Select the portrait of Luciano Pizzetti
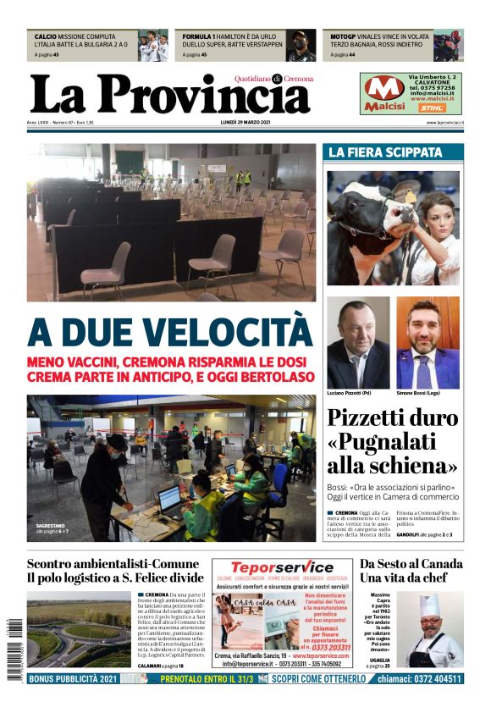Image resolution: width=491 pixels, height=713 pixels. [x=358, y=343]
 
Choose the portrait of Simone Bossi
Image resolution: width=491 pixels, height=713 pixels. [x=428, y=343]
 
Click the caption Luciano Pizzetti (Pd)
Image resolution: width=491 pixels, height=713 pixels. [x=350, y=394]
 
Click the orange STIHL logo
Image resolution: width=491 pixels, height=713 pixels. [x=433, y=108]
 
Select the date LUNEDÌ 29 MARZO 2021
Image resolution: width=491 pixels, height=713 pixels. [x=245, y=123]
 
